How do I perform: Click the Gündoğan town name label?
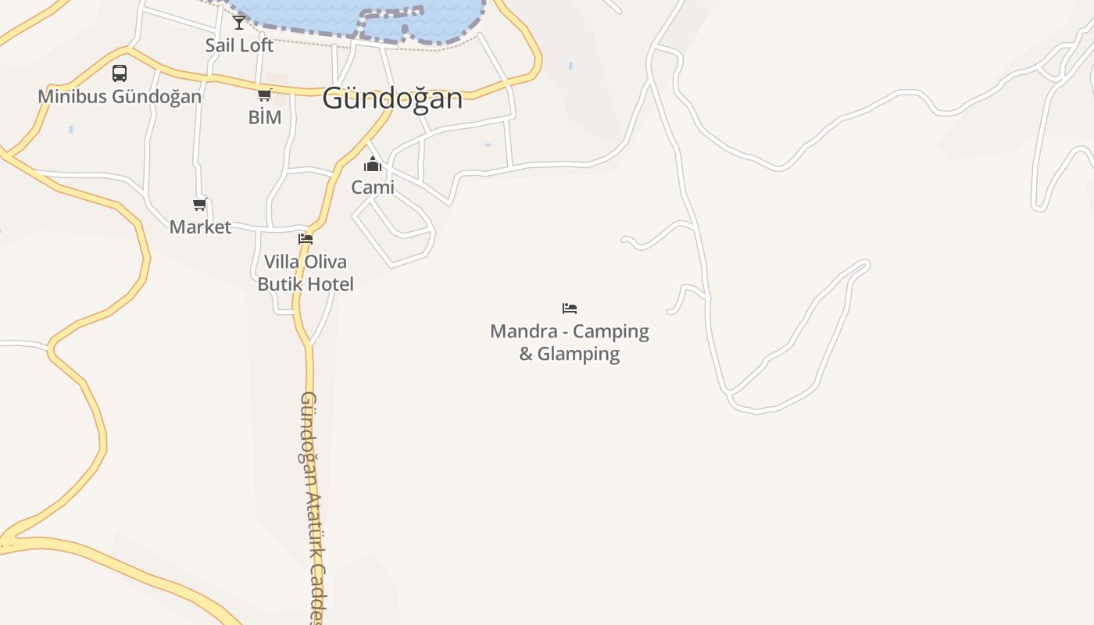coord(392,98)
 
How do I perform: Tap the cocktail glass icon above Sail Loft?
coord(239,23)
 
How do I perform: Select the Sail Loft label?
coord(239,45)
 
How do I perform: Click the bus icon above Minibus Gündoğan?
coord(120,73)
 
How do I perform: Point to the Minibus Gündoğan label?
coord(120,97)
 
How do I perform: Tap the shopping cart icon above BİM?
coord(264,95)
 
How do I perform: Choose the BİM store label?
coord(264,117)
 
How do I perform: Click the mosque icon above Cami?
coord(373,164)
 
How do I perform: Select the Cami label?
coord(373,187)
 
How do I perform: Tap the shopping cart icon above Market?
coord(200,205)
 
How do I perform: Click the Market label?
coord(200,227)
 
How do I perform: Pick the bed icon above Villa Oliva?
coord(306,239)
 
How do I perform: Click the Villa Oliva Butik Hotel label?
coord(306,273)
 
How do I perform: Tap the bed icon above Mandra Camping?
coord(570,309)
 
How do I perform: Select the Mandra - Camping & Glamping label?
coord(570,342)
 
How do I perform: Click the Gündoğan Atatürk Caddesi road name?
coord(311,500)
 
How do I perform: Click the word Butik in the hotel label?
coord(281,284)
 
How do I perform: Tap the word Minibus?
coord(73,97)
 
